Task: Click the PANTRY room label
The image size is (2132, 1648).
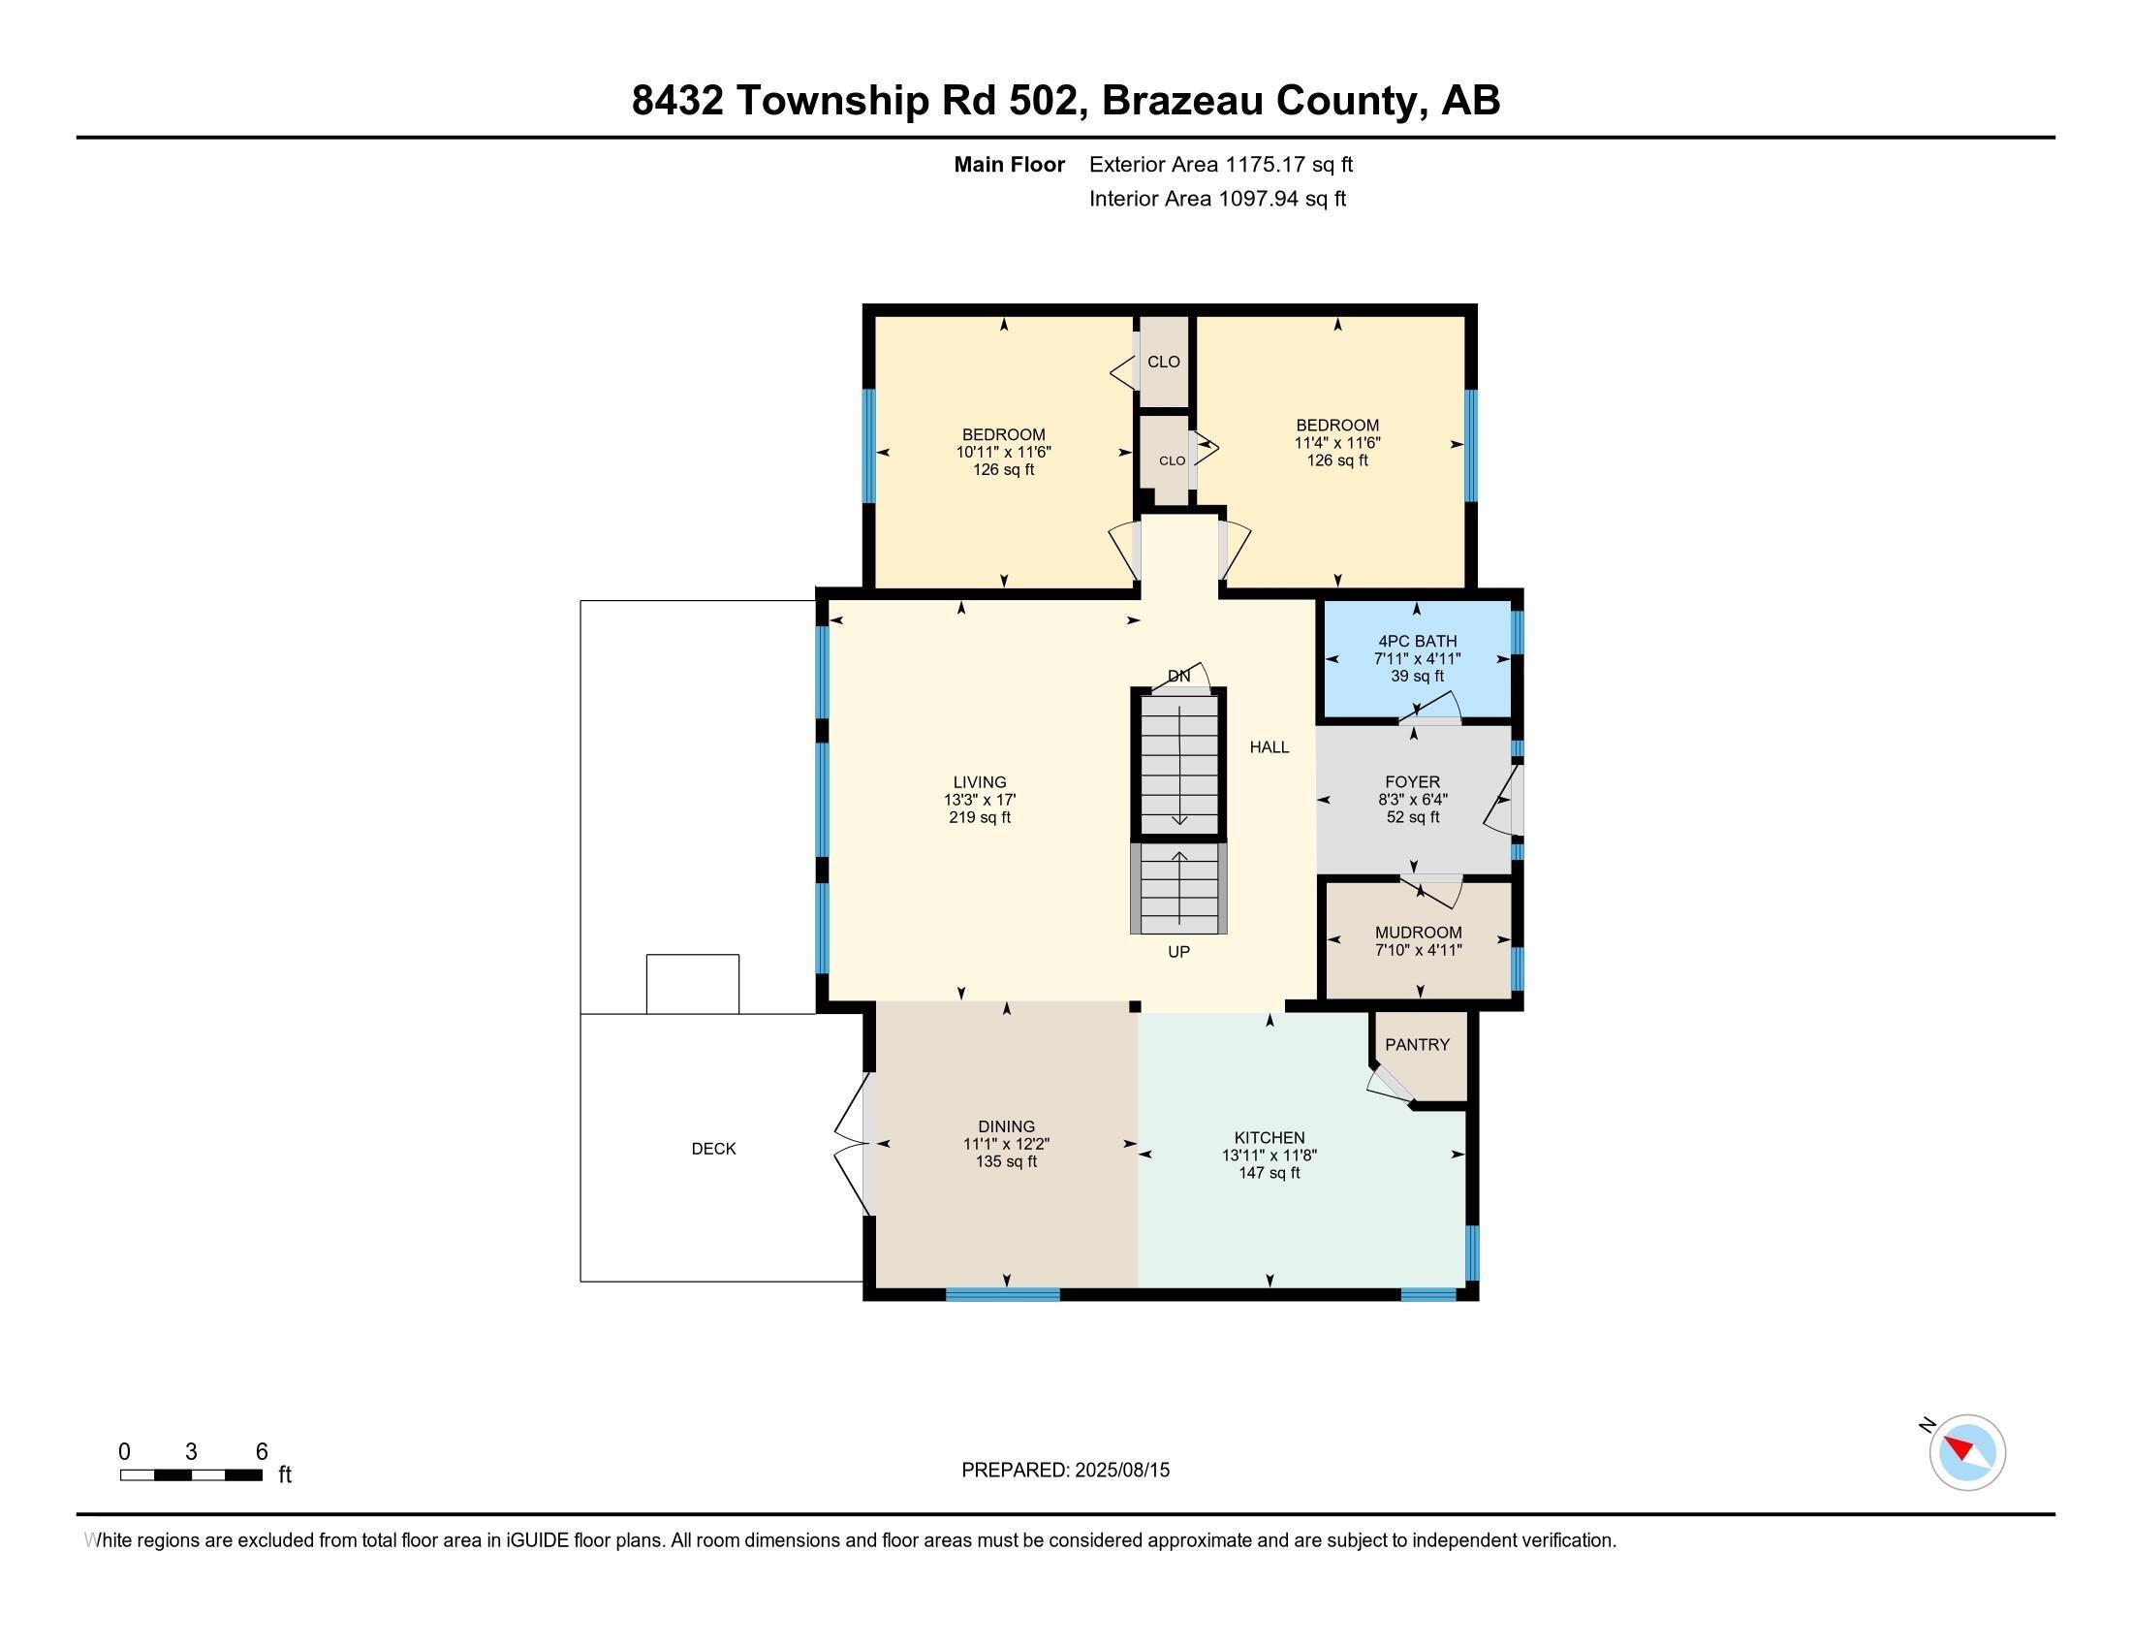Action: (x=1417, y=1045)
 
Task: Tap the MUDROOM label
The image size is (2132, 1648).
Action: (x=1418, y=933)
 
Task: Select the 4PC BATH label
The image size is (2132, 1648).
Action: (x=1417, y=642)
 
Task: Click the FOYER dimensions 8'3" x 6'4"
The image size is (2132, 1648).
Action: (x=1413, y=800)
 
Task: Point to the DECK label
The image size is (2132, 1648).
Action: (x=713, y=1149)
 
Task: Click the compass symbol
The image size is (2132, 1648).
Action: (x=1966, y=1452)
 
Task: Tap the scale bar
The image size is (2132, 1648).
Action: (x=190, y=1475)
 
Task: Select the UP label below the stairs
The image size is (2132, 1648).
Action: (x=1178, y=952)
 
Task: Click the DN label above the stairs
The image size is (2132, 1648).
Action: (x=1178, y=676)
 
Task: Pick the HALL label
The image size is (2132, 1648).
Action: (x=1270, y=747)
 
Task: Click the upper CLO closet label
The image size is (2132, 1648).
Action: (x=1163, y=363)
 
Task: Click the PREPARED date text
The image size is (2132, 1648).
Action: (x=1065, y=1471)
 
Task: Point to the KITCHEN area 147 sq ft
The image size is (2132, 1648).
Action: (x=1270, y=1173)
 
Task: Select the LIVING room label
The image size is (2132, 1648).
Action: (x=979, y=782)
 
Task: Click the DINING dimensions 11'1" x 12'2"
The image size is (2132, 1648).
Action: (x=1006, y=1144)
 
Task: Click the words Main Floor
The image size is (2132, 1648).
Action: (x=1009, y=165)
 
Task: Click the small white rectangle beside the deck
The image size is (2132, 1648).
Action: (x=692, y=984)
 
